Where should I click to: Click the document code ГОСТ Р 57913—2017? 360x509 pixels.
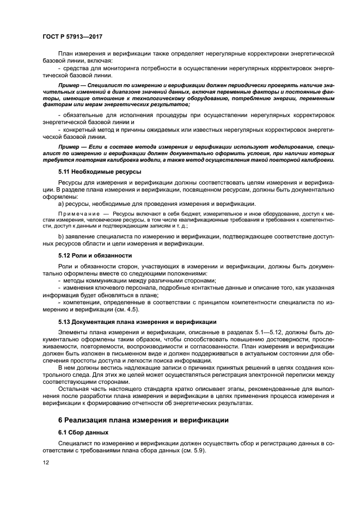pyautogui.click(x=72, y=36)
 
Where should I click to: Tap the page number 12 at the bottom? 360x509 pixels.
pyautogui.click(x=45, y=462)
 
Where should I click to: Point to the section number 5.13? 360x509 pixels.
pyautogui.click(x=65, y=322)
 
